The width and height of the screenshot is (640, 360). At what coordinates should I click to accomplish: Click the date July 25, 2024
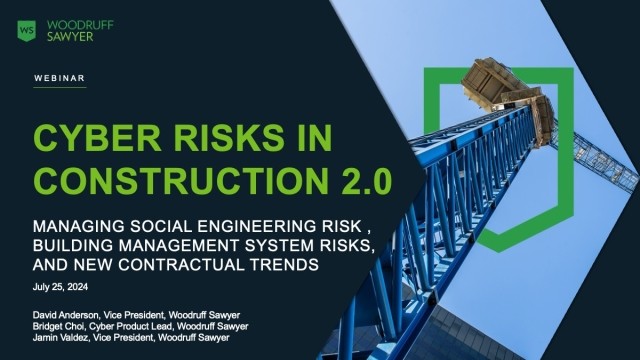pos(61,287)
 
